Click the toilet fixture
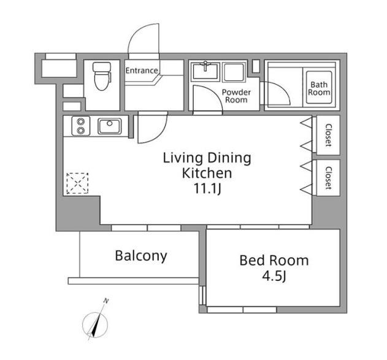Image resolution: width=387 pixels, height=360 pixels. (102, 76)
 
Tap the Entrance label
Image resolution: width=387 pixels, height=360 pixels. (142, 71)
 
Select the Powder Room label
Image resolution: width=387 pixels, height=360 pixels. (236, 96)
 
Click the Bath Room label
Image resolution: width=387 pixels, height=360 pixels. (319, 88)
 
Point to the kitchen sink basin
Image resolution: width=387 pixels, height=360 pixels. (110, 126)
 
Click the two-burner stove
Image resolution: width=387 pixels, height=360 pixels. (81, 126)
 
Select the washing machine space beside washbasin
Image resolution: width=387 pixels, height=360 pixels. (234, 72)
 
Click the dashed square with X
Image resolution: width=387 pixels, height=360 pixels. (77, 183)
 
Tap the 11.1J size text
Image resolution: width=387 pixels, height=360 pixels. (207, 189)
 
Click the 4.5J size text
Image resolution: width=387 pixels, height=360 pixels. (274, 277)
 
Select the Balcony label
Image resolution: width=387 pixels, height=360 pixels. (141, 256)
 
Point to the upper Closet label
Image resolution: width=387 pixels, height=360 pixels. (328, 135)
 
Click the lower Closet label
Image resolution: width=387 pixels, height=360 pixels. (328, 178)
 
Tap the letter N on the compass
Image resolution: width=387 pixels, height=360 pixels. (106, 301)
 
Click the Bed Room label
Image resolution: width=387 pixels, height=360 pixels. (274, 260)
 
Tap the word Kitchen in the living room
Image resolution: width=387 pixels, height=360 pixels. (207, 173)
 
